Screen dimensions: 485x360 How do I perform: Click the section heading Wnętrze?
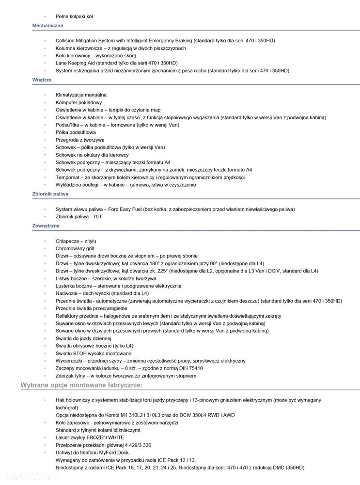pos(42,80)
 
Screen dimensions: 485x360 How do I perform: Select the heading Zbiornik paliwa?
pos(50,194)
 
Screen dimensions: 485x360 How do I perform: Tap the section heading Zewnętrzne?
pos(46,226)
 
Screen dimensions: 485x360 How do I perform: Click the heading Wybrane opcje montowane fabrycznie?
pos(81,385)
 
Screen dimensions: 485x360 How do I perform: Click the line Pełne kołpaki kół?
pos(74,16)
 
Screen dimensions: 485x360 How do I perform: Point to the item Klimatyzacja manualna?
pos(81,95)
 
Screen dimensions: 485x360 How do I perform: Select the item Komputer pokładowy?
pos(78,103)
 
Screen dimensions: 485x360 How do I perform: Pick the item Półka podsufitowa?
pos(76,132)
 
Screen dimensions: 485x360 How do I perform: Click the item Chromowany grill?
pos(75,248)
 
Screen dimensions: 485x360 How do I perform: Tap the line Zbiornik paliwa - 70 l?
pos(78,217)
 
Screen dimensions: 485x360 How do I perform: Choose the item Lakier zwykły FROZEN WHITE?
pos(90,437)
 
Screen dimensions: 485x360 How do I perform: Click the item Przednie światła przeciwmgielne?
pos(92,308)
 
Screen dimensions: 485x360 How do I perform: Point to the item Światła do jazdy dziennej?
pos(83,339)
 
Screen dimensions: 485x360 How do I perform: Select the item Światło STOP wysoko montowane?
pos(93,354)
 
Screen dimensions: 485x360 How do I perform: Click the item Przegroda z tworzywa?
pos(80,140)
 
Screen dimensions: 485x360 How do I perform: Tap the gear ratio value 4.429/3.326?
pos(137,445)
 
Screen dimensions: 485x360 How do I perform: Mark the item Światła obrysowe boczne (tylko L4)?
pos(94,346)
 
